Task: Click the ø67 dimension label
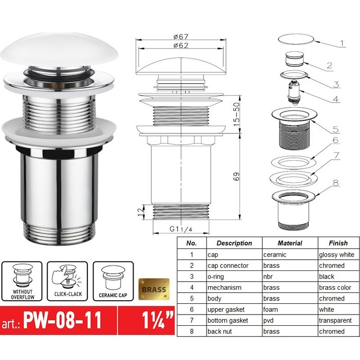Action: (180, 36)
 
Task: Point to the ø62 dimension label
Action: (180, 45)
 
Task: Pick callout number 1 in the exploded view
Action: (342, 44)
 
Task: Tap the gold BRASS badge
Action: (153, 289)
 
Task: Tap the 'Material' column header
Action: (289, 243)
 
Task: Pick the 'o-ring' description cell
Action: (218, 277)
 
